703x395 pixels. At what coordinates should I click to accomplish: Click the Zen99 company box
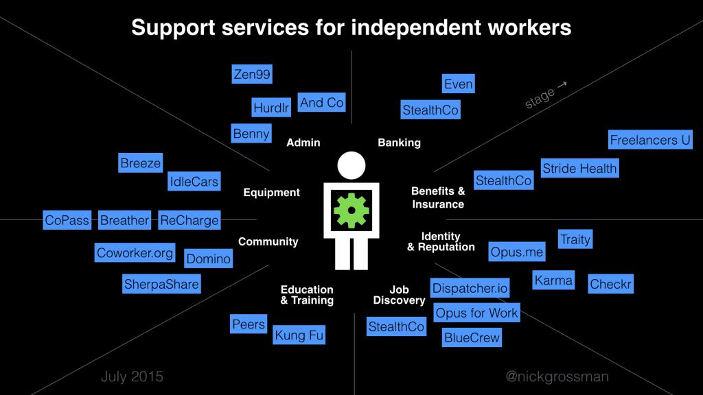point(252,75)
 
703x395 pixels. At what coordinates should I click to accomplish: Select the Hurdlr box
point(272,107)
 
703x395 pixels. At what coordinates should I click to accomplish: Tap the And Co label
point(321,103)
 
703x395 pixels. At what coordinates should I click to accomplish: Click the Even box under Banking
point(458,84)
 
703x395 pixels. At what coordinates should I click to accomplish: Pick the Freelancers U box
point(650,140)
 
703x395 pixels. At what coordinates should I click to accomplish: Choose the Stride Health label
point(579,168)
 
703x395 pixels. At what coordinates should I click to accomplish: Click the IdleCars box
point(194,182)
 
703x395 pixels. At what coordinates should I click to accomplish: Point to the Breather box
point(124,220)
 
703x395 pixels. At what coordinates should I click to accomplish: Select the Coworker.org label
point(135,253)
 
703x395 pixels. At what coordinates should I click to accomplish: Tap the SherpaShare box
point(161,284)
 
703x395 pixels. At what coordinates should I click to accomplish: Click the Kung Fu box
point(299,335)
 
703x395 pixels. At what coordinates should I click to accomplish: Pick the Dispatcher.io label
point(470,288)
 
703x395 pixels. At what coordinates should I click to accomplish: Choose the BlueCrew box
point(472,337)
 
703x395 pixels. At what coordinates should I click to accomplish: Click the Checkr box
point(610,284)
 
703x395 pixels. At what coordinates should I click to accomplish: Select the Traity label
point(575,239)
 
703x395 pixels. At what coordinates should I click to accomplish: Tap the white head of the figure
point(351,165)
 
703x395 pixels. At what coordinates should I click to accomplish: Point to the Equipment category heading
point(271,193)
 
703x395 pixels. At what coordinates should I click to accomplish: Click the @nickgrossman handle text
point(557,376)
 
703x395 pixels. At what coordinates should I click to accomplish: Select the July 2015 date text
point(132,376)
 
